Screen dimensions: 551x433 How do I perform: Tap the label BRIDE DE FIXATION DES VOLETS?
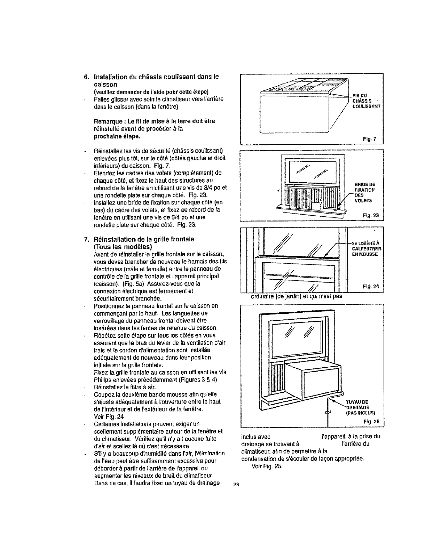tap(364, 192)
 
